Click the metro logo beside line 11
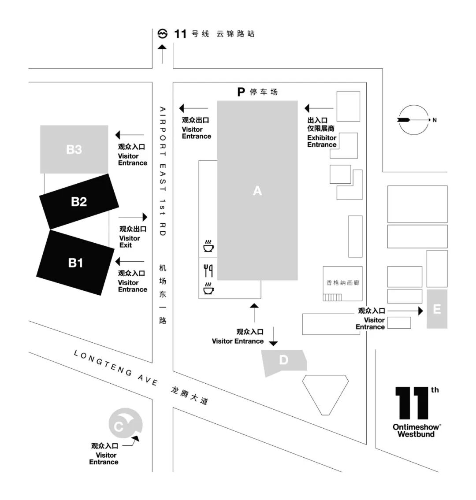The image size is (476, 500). (163, 34)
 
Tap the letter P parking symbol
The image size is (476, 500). (241, 92)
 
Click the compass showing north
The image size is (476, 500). (413, 119)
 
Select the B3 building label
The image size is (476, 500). (74, 149)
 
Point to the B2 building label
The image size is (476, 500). (79, 202)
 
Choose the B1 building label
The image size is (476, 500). (75, 263)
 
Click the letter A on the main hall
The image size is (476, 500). (257, 191)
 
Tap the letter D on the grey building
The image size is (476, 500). (283, 360)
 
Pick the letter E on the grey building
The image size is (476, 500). (437, 309)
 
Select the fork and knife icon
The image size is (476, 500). (208, 270)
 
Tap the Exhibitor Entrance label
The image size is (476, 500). (322, 141)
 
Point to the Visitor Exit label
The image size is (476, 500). (130, 241)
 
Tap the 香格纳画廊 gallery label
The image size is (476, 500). (342, 283)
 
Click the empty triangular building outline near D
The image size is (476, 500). (325, 393)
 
